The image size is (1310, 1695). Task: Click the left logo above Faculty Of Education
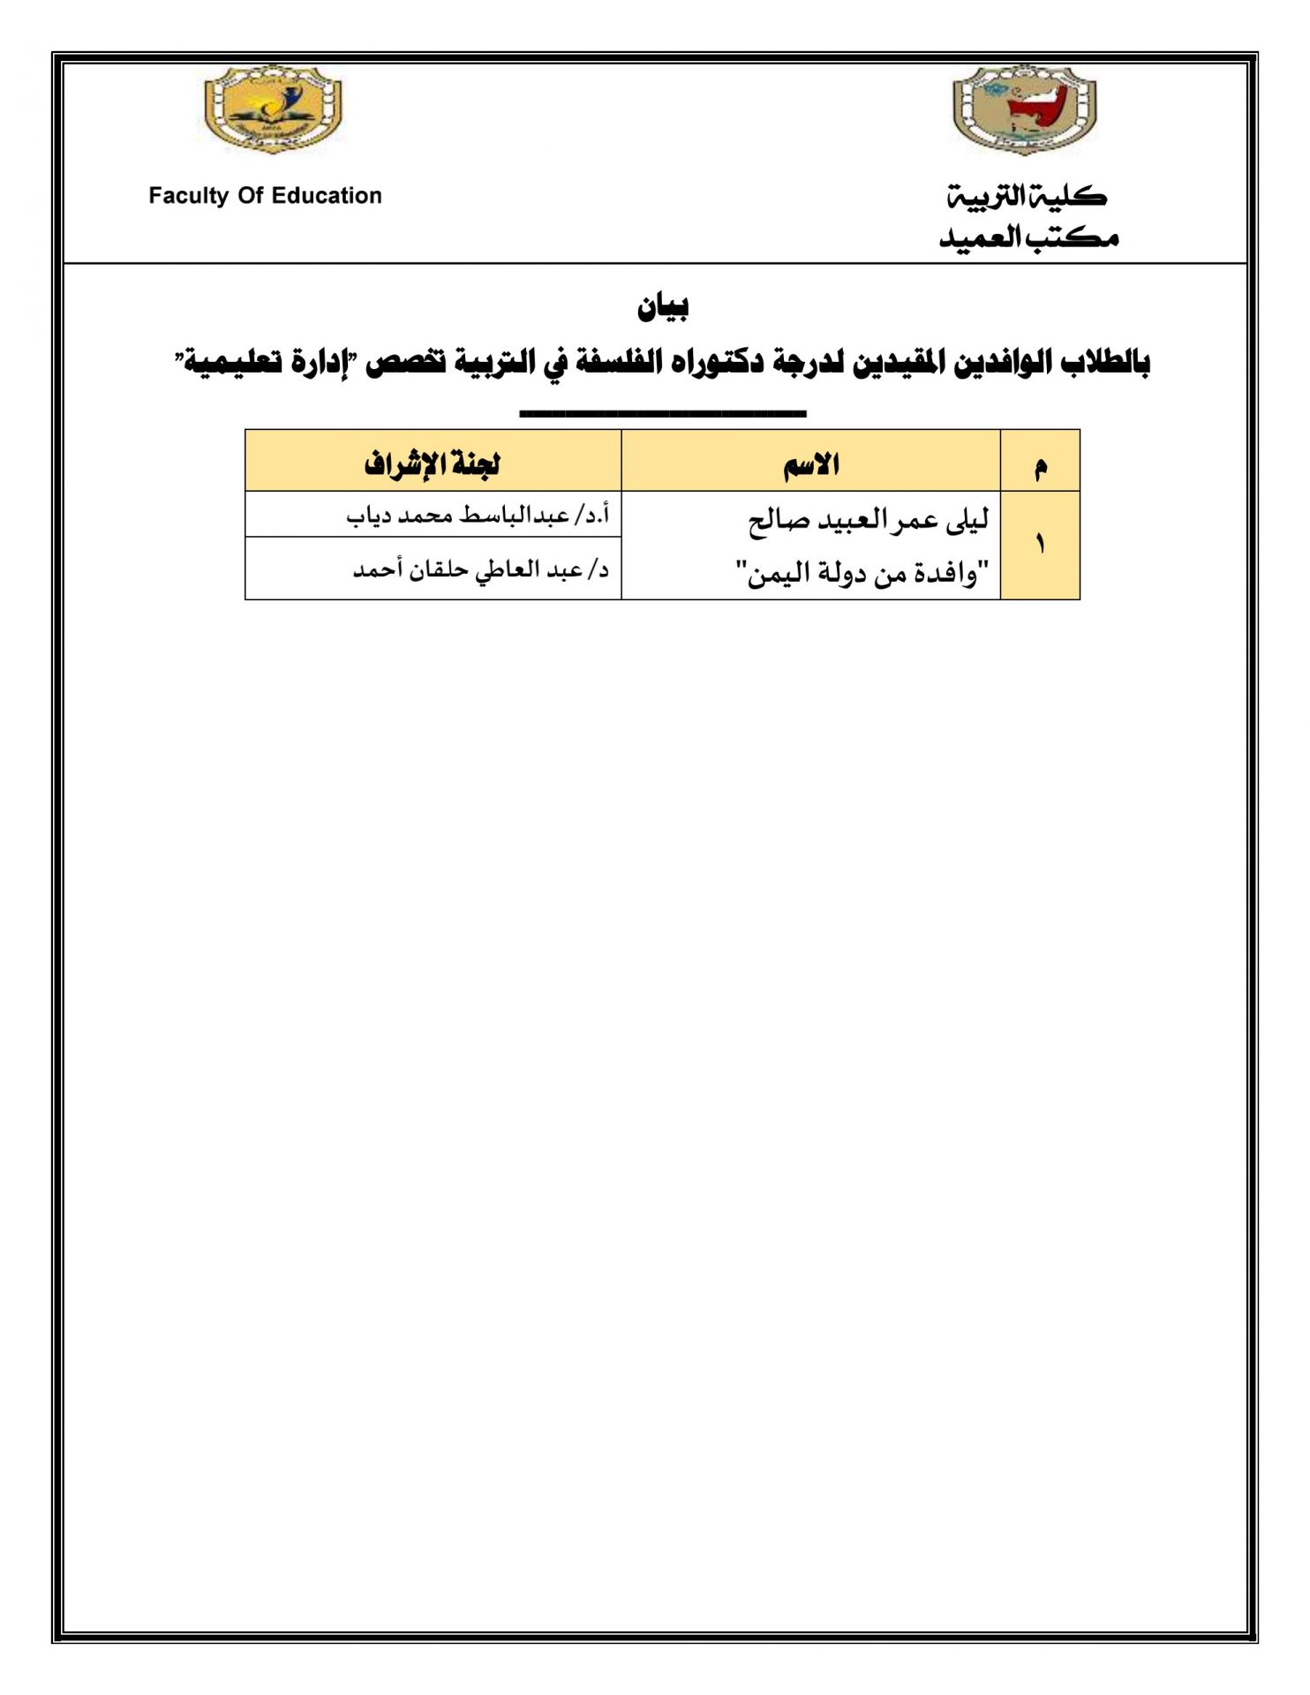[273, 109]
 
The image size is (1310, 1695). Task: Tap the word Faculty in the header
[188, 196]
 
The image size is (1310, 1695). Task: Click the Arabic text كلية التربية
[1028, 196]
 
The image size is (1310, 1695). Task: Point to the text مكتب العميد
[1028, 237]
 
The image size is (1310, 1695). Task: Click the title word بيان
[663, 307]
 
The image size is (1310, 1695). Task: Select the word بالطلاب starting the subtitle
[1105, 362]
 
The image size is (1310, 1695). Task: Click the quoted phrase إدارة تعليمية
[267, 362]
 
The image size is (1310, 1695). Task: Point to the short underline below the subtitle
[663, 412]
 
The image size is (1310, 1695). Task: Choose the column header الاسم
[811, 463]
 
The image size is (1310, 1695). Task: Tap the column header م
[1041, 465]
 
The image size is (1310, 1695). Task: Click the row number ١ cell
[1040, 545]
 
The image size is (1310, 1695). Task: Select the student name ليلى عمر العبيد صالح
[869, 521]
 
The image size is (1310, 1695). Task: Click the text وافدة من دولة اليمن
[862, 574]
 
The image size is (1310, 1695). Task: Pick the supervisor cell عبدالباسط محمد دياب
[478, 515]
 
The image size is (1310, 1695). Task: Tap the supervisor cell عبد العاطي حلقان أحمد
[481, 569]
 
